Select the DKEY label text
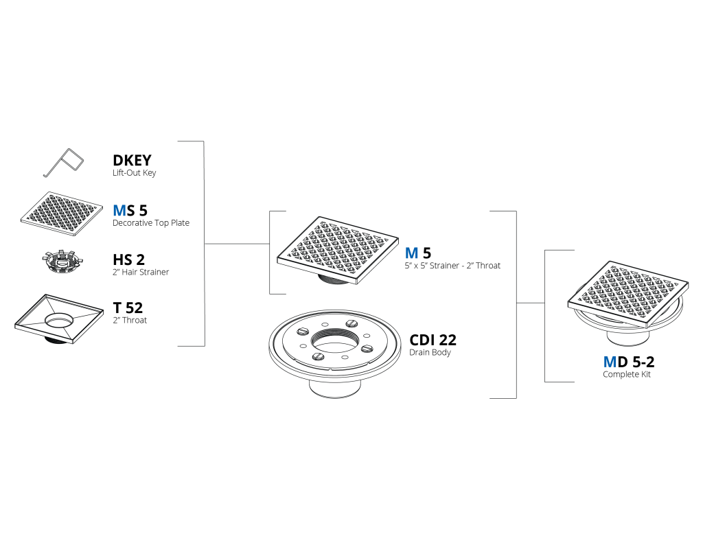pos(132,160)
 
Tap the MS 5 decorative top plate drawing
pos(62,214)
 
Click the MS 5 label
pos(130,210)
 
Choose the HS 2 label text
pos(128,259)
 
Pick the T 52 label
pos(128,308)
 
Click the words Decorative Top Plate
pos(150,223)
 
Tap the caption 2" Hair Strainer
pos(141,272)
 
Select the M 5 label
pos(418,253)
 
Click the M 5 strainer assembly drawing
pos(338,250)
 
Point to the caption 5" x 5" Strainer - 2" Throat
pos(452,266)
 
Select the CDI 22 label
pos(433,340)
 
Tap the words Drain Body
pos(430,352)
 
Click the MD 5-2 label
pos(629,361)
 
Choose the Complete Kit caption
pos(626,374)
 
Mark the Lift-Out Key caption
pos(134,172)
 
